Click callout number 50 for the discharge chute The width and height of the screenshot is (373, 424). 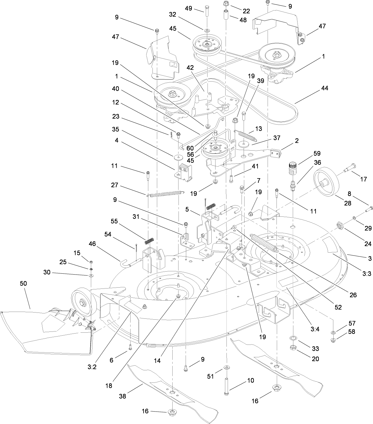[23, 283]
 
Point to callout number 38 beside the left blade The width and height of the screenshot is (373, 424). [122, 396]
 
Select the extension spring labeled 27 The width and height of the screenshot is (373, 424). [165, 194]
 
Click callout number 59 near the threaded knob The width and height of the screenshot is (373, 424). [317, 153]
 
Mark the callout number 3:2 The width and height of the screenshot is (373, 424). [92, 367]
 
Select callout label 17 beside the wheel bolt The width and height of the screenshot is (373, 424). [363, 179]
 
